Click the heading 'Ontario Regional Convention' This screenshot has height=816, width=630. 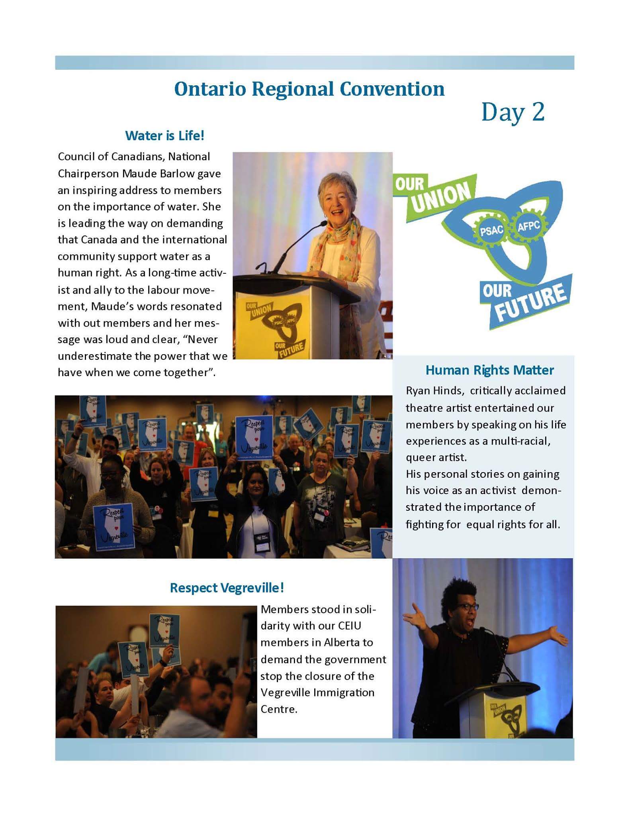tap(309, 89)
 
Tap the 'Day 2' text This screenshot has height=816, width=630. tap(513, 113)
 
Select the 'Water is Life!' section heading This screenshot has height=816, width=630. tap(164, 136)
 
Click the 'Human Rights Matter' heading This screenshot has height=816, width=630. tap(489, 370)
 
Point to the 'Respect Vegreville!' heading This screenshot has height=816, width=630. tap(227, 588)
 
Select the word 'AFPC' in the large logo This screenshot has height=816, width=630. tap(528, 226)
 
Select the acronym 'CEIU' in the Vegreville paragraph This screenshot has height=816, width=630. tap(349, 626)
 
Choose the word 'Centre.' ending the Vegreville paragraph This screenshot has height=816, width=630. tap(279, 709)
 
